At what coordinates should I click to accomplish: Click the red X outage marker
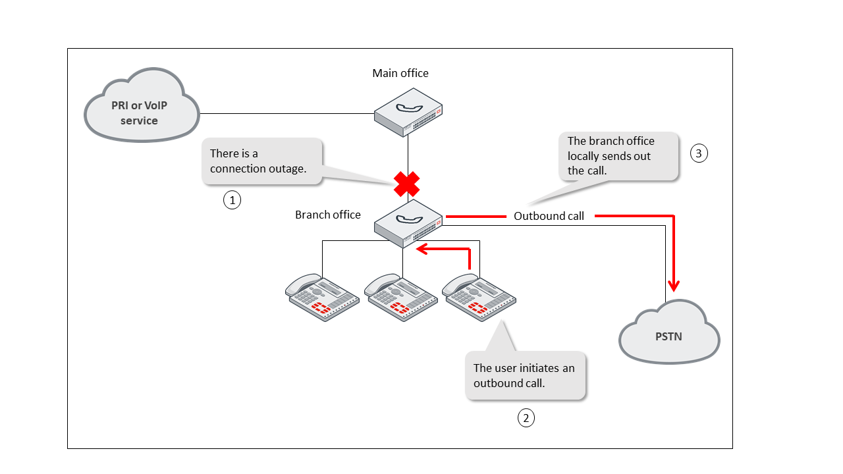[x=407, y=184]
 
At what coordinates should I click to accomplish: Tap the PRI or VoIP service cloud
[x=141, y=105]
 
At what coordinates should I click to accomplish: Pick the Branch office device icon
[x=408, y=223]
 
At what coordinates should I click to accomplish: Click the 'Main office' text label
[x=400, y=73]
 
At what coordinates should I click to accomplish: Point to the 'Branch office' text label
[x=328, y=215]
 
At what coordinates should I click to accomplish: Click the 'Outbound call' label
[x=549, y=216]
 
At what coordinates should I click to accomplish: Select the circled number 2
[x=526, y=417]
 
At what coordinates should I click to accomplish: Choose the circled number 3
[x=699, y=153]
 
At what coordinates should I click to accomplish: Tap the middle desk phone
[x=400, y=297]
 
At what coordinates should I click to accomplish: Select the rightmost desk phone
[x=478, y=297]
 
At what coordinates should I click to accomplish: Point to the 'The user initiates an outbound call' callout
[x=525, y=375]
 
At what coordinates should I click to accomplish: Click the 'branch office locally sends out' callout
[x=618, y=156]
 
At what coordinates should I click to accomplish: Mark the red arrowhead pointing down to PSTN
[x=673, y=284]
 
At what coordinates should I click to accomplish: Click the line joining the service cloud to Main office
[x=286, y=113]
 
